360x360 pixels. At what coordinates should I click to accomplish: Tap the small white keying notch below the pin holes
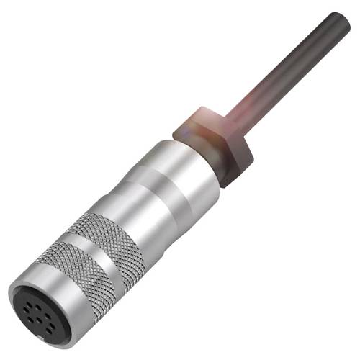pos(50,332)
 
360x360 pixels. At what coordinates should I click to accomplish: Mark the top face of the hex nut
pos(209,119)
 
